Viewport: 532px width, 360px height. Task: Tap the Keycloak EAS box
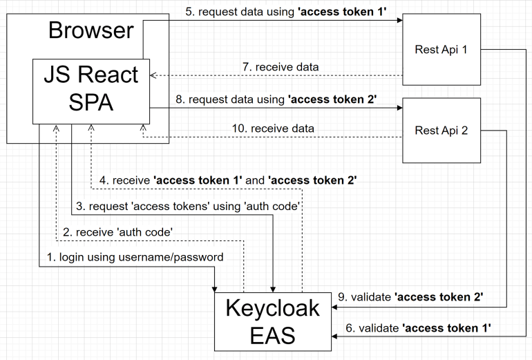pyautogui.click(x=272, y=321)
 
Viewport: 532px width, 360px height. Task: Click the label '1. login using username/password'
pyautogui.click(x=135, y=257)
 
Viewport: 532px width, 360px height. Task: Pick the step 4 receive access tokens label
pyautogui.click(x=228, y=180)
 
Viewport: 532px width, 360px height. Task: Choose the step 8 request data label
pyautogui.click(x=276, y=100)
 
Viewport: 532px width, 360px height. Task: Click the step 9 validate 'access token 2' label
pyautogui.click(x=410, y=296)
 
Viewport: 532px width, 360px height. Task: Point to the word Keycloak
pyautogui.click(x=272, y=307)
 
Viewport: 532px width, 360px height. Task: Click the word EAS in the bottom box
pyautogui.click(x=272, y=335)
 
